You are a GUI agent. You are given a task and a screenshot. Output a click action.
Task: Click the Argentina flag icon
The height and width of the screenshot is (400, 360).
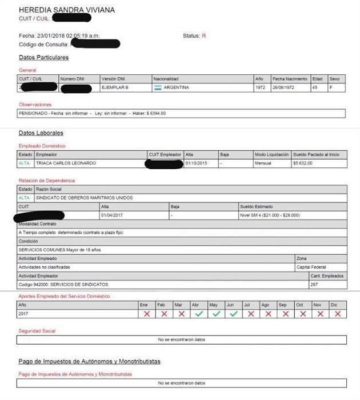(x=157, y=87)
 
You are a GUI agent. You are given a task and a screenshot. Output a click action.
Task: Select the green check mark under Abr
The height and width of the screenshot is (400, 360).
(x=198, y=314)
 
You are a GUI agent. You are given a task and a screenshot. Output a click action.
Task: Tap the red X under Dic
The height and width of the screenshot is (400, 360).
(x=337, y=314)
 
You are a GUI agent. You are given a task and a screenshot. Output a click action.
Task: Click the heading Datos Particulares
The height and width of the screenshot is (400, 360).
(x=44, y=58)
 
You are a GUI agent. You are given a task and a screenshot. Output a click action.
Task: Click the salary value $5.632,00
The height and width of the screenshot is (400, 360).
(x=304, y=163)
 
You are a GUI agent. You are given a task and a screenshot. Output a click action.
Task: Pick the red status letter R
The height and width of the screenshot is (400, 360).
(x=204, y=35)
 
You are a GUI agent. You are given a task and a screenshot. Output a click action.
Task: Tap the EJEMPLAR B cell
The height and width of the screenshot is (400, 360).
(x=115, y=87)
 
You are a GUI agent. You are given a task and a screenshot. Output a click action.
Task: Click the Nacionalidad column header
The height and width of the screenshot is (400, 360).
(x=166, y=78)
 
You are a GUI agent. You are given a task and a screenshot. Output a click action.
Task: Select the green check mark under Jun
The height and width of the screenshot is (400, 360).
(x=233, y=314)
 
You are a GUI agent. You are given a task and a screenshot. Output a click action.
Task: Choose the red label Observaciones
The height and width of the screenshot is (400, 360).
(x=35, y=105)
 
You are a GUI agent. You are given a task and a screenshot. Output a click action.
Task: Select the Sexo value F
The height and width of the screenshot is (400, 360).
(x=331, y=87)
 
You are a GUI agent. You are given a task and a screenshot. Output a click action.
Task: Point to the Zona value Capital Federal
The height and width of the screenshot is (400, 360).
(x=311, y=267)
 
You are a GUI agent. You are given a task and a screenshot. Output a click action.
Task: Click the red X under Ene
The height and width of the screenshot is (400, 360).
(x=147, y=314)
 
